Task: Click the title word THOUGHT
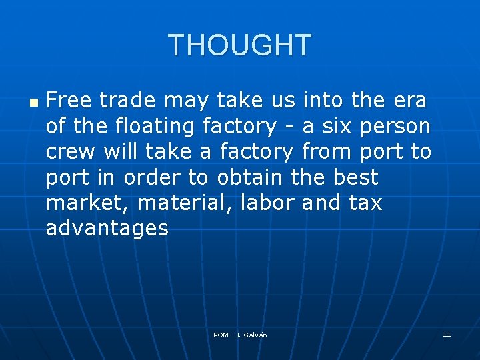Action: (x=240, y=45)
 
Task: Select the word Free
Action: (x=69, y=101)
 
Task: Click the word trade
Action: (x=128, y=101)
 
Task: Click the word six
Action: (x=342, y=127)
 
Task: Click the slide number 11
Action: (x=447, y=334)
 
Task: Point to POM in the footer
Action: (x=221, y=335)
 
